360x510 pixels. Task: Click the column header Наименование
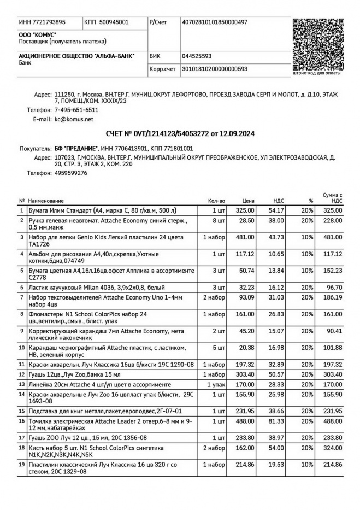click(46, 201)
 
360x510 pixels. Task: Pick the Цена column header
click(249, 201)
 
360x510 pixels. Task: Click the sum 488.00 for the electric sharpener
click(333, 421)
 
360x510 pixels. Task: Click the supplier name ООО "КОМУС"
click(34, 34)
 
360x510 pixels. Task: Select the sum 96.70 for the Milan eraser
click(334, 287)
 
